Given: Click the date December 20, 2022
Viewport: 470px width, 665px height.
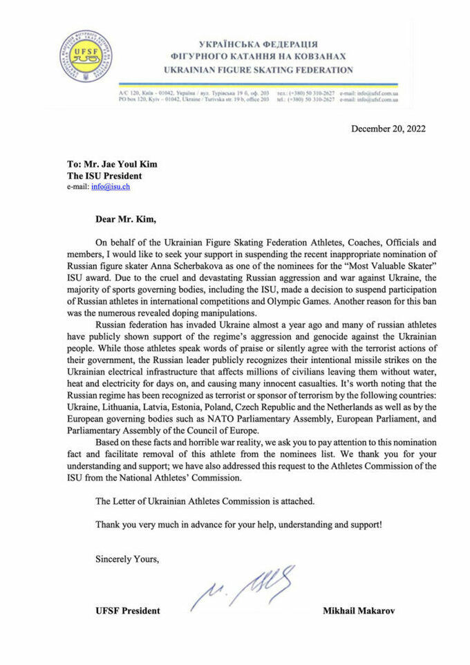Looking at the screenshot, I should point(388,129).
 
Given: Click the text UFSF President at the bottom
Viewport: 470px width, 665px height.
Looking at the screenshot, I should point(128,610).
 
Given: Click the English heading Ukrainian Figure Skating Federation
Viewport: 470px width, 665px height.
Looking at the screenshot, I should point(258,70).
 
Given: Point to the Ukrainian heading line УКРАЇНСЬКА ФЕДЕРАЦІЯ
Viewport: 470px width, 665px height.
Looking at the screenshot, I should point(258,44).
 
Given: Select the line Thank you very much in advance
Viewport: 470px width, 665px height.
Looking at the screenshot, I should point(238,524).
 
